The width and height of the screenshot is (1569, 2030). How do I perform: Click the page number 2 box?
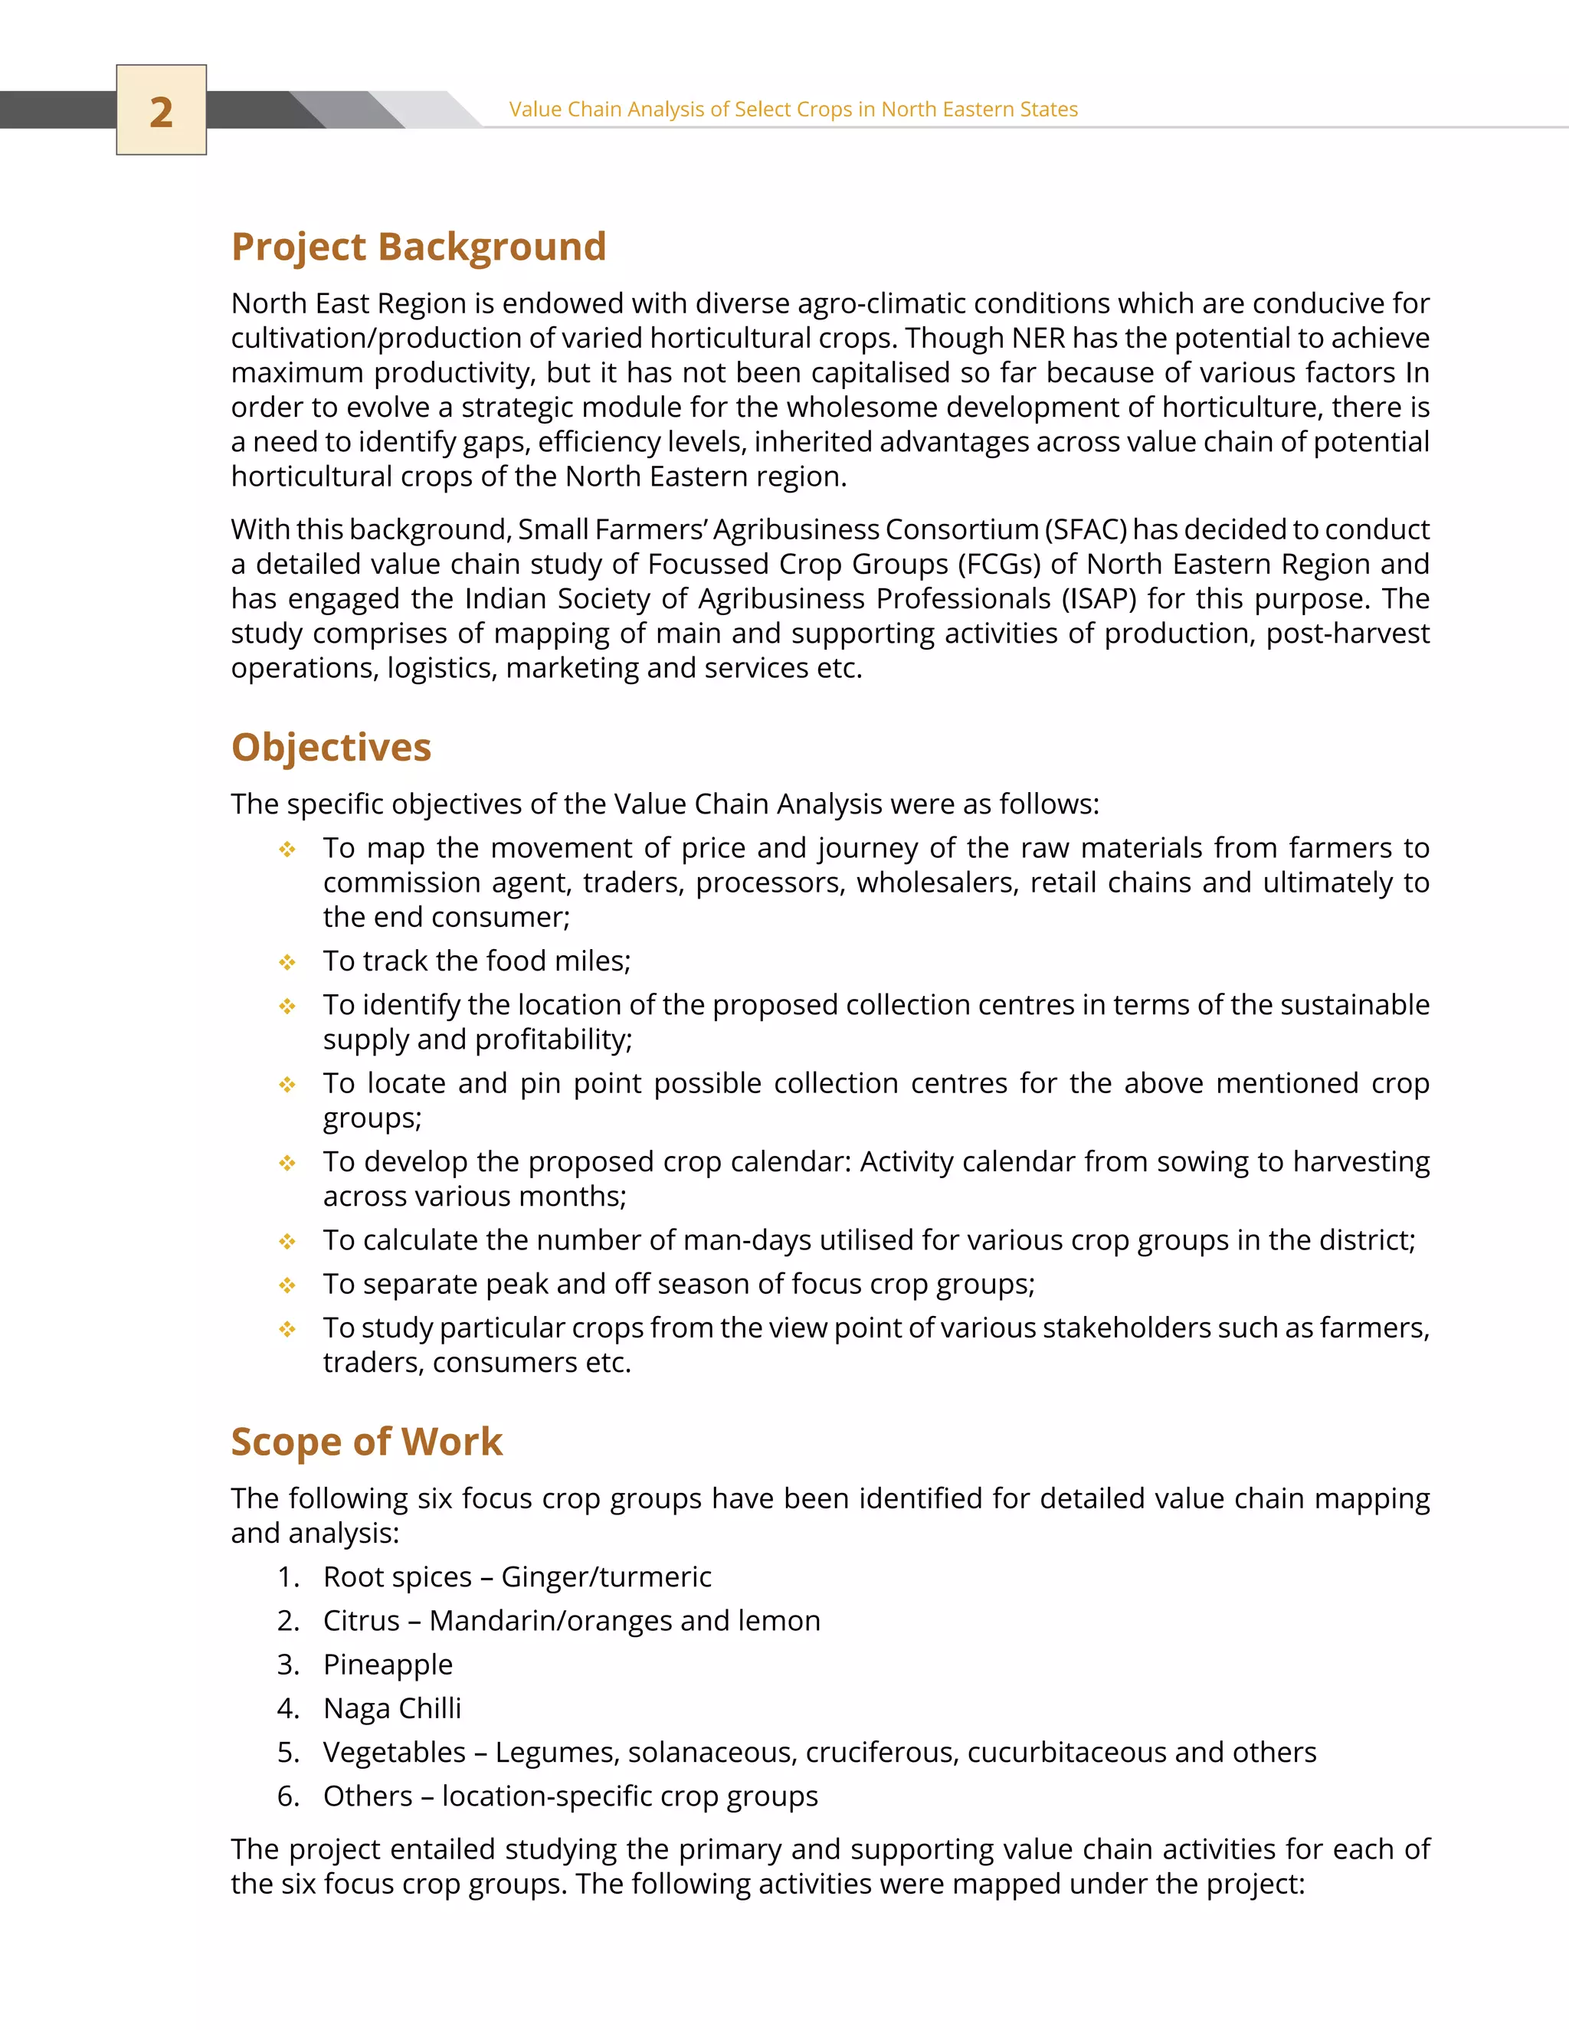(x=161, y=110)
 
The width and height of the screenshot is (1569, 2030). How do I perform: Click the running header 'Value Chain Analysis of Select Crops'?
(x=792, y=110)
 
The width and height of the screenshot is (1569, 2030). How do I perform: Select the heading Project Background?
(x=418, y=247)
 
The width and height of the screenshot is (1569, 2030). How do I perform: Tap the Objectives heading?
(x=331, y=748)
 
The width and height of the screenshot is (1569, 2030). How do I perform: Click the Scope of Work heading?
(x=366, y=1442)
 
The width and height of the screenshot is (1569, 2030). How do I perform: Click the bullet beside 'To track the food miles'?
(x=287, y=962)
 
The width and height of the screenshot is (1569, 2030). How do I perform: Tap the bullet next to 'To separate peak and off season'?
(x=287, y=1285)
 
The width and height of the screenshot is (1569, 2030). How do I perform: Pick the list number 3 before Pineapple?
(x=287, y=1665)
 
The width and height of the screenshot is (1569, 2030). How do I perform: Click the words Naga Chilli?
(x=392, y=1708)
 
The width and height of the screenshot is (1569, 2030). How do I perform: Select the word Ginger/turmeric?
(x=606, y=1577)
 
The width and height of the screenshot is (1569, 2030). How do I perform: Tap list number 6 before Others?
(x=287, y=1796)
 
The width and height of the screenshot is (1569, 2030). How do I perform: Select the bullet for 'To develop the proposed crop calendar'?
(x=287, y=1163)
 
